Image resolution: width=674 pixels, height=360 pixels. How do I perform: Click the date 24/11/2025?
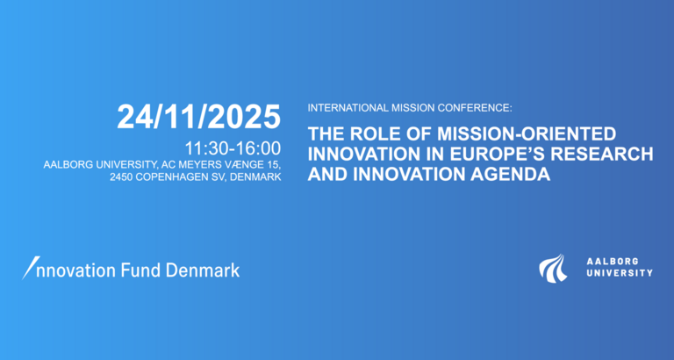pos(199,116)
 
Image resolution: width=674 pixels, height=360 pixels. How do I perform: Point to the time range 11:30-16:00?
pos(233,147)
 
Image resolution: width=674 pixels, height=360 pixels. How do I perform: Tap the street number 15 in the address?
pos(271,164)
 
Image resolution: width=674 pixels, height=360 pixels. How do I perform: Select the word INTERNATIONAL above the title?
pos(346,108)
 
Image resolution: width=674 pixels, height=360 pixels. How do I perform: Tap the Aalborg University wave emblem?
pos(553,268)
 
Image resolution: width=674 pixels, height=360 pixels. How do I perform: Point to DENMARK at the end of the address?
pos(255,178)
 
